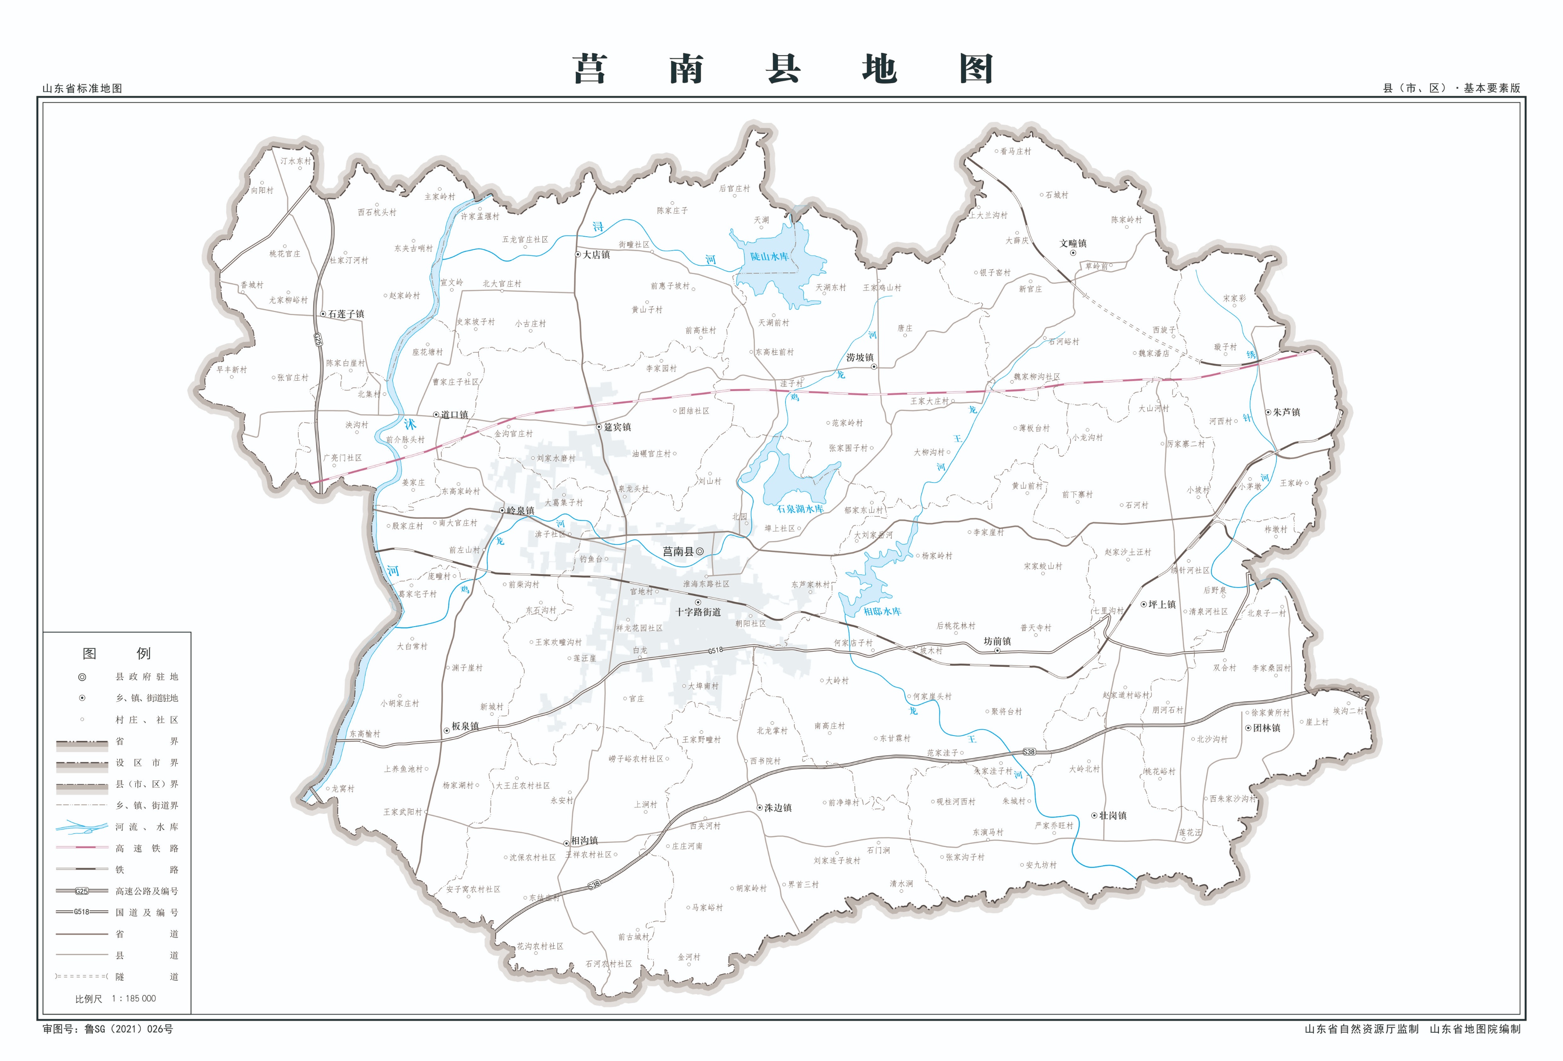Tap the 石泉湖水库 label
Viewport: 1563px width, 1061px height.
tap(800, 509)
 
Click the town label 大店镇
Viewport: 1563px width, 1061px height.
tap(597, 255)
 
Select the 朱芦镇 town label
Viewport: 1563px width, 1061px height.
tap(1287, 413)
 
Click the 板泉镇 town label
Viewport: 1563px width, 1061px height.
tap(465, 726)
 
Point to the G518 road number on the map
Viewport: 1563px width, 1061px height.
tap(715, 650)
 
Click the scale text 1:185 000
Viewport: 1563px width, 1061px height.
tap(133, 999)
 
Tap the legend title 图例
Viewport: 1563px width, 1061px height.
tap(117, 653)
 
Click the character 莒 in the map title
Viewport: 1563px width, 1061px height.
tap(590, 70)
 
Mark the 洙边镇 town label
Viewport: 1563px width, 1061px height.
tap(778, 808)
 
